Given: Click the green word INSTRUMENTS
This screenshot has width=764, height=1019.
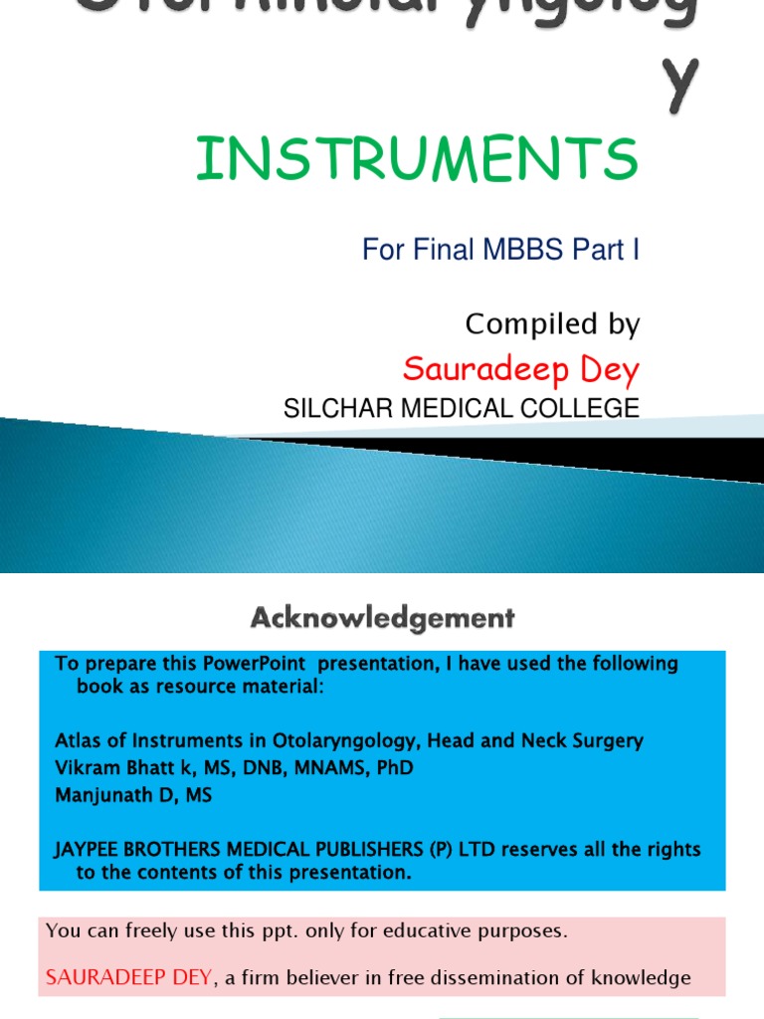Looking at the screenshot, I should [416, 160].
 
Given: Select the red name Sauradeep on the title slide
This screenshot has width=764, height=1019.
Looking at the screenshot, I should [475, 369].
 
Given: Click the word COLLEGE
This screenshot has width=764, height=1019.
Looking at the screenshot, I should [587, 408].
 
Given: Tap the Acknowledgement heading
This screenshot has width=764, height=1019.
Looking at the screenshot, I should [382, 619].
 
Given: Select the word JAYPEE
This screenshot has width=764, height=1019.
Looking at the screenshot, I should [89, 850].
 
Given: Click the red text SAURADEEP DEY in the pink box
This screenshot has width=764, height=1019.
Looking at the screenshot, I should [128, 978].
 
